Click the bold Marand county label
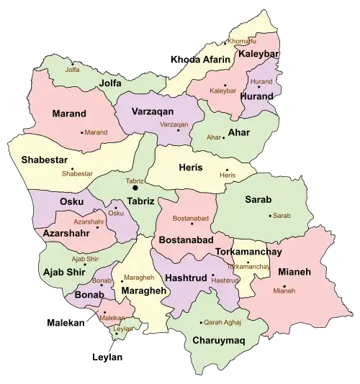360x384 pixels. (x=69, y=114)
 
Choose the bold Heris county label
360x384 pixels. (x=190, y=168)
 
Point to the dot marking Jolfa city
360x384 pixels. (x=73, y=63)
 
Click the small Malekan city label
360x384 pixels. (x=114, y=316)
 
